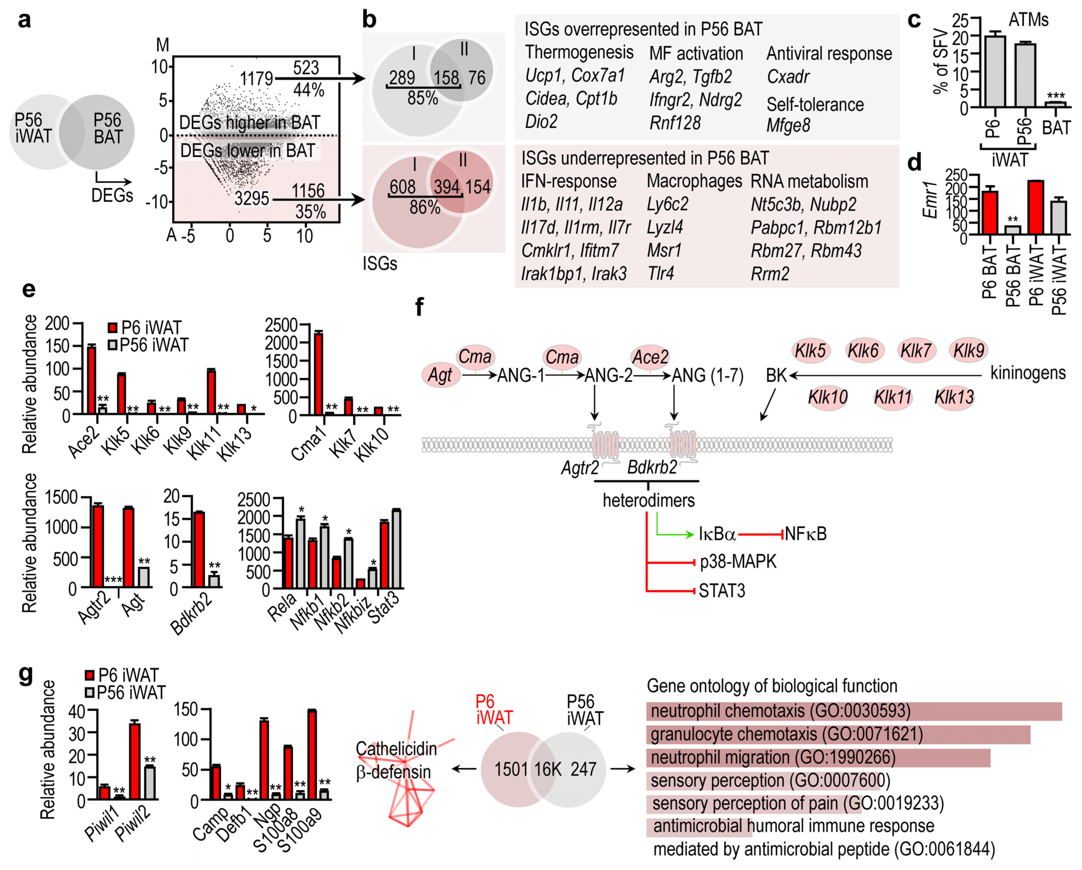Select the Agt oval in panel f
(440, 375)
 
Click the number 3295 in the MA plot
(252, 199)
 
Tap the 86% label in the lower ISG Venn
(425, 207)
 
